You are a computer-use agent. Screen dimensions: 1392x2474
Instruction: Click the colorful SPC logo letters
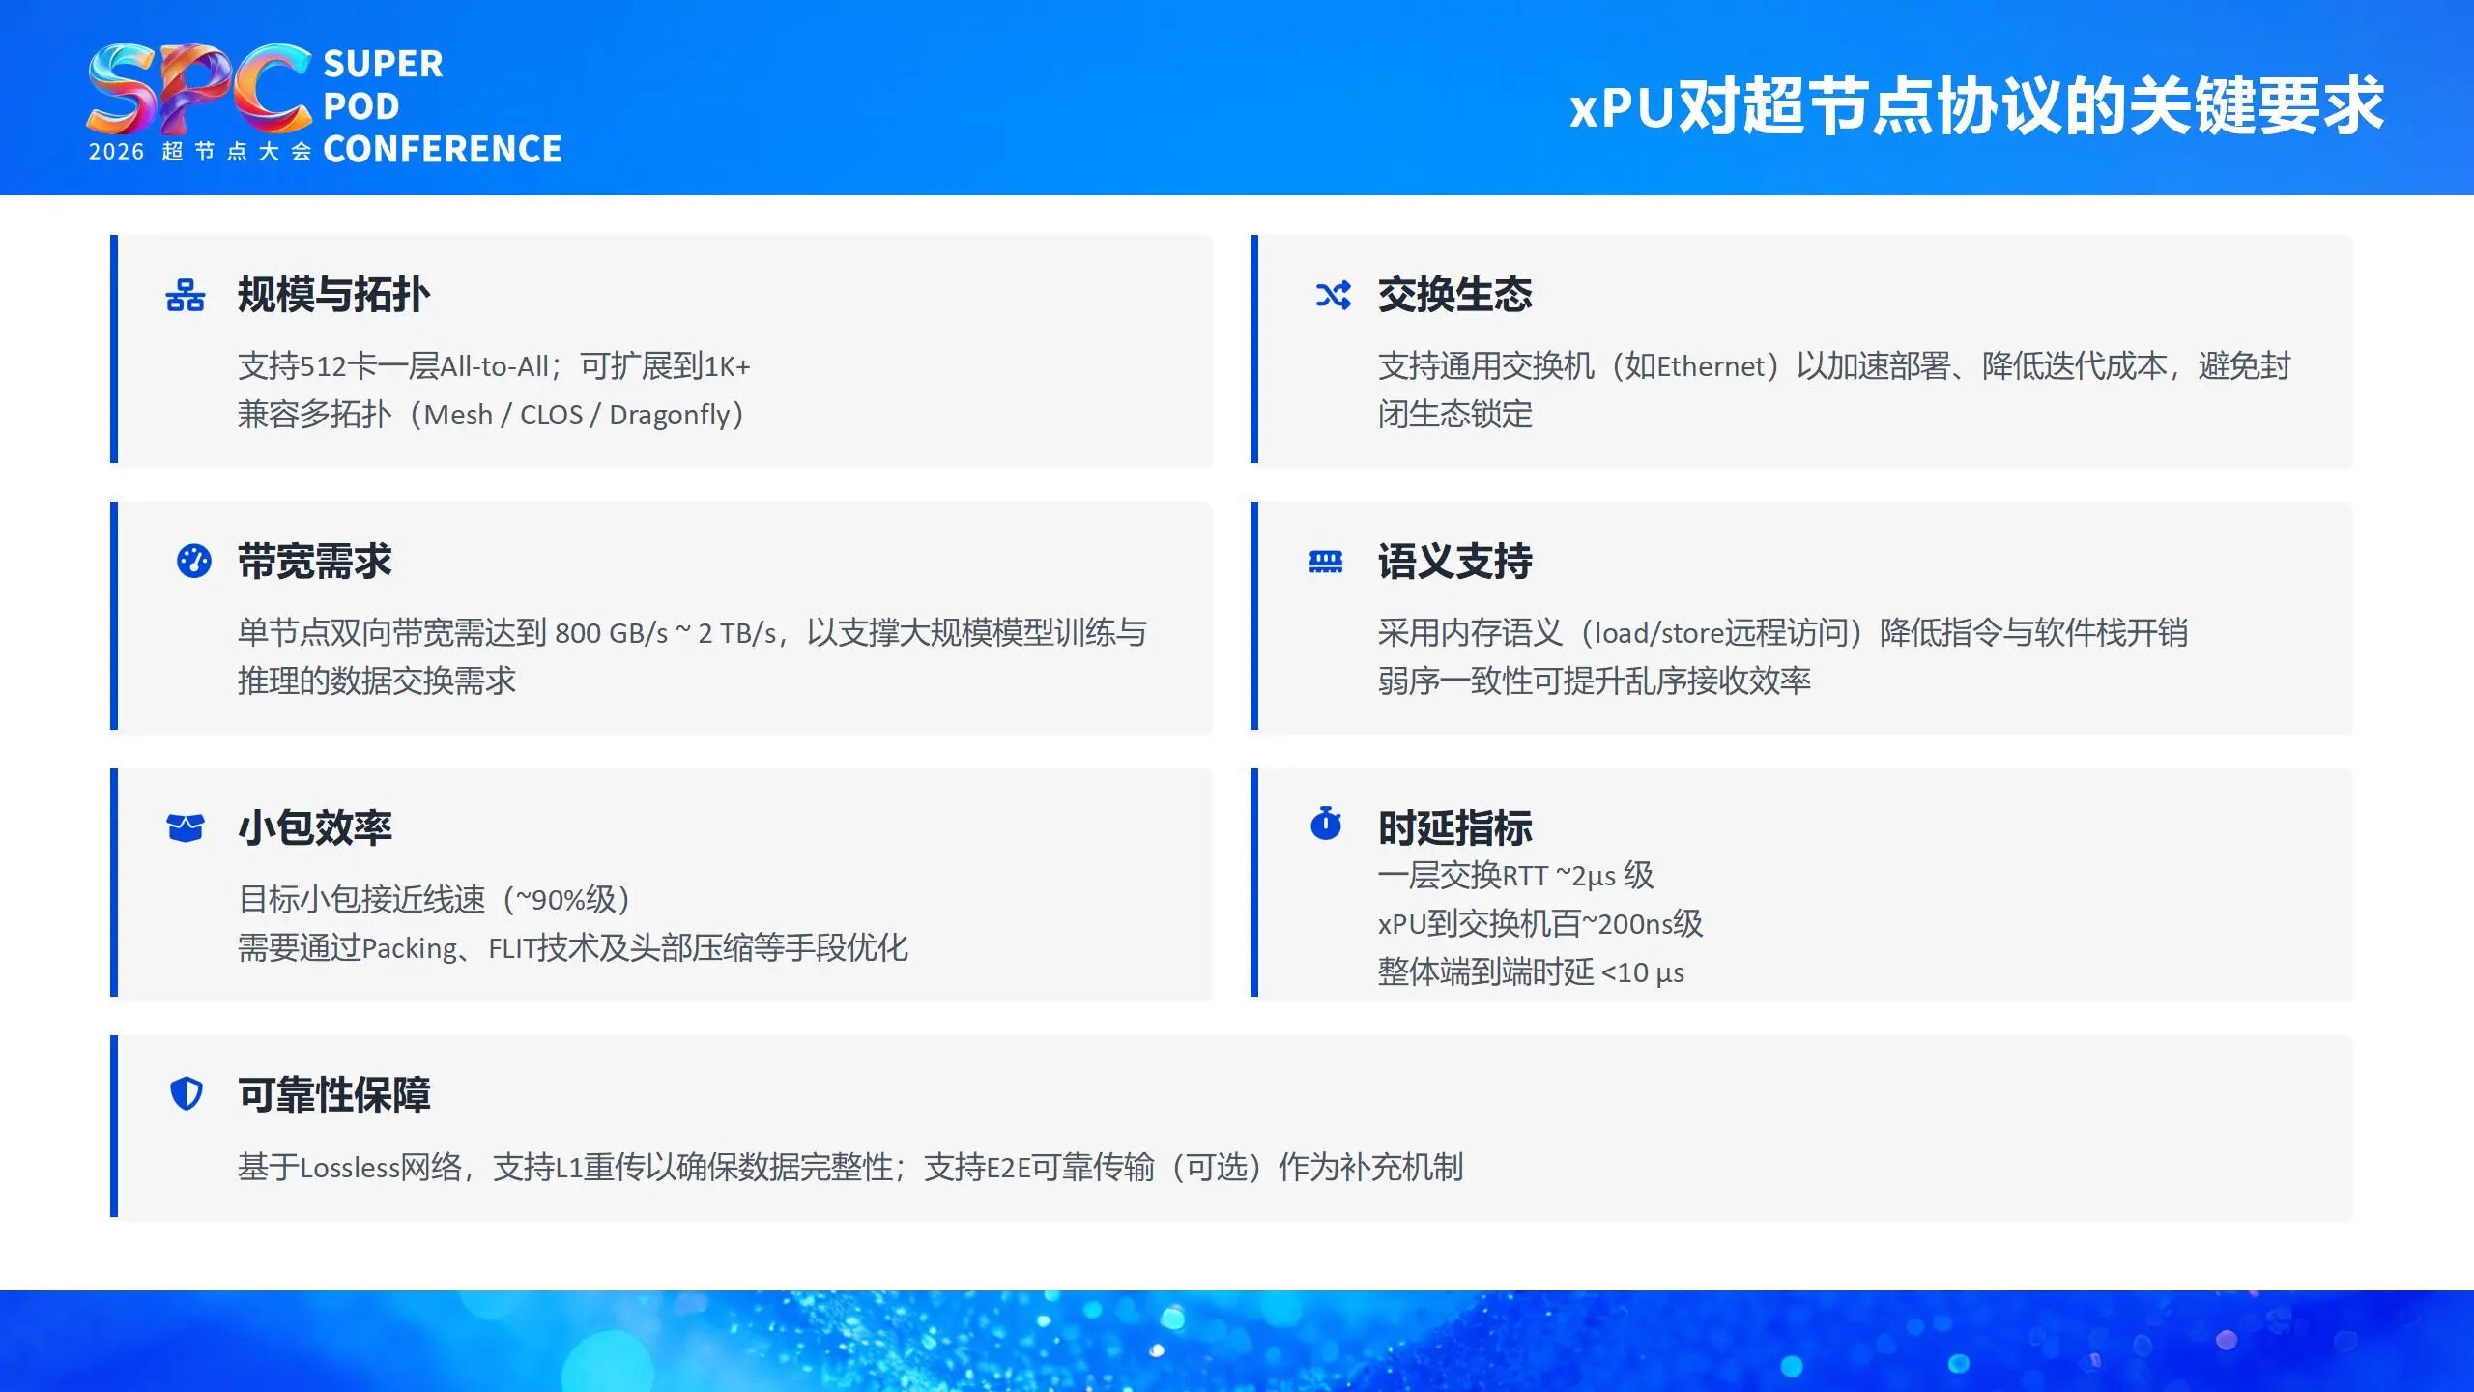[x=198, y=89]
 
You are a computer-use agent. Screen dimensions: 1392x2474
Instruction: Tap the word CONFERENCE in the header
[x=442, y=149]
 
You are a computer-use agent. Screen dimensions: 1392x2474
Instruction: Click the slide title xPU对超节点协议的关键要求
[x=1976, y=105]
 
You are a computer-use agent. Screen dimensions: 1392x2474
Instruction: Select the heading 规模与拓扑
[x=333, y=295]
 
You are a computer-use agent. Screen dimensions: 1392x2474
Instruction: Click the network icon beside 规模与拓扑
[x=185, y=295]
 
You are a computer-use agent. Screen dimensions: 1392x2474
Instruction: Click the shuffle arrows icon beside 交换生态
[x=1333, y=295]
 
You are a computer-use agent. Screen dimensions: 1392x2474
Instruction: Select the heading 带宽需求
[x=314, y=562]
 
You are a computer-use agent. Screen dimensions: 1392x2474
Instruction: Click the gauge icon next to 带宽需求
[x=193, y=561]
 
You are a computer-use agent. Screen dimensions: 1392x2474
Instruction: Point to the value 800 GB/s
[x=611, y=633]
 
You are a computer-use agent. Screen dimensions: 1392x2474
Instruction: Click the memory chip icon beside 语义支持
[x=1325, y=562]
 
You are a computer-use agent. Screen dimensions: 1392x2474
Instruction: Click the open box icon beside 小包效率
[x=185, y=827]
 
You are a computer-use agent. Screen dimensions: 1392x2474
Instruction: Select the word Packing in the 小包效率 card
[x=410, y=948]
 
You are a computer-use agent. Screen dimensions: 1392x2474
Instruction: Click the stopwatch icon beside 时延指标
[x=1325, y=824]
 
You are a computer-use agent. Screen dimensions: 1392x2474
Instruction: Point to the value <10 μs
[x=1642, y=972]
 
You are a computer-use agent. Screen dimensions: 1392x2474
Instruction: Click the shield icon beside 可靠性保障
[x=186, y=1094]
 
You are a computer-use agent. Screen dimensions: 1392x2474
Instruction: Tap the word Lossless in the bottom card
[x=350, y=1168]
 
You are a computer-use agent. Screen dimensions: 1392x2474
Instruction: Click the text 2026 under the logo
[x=116, y=152]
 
